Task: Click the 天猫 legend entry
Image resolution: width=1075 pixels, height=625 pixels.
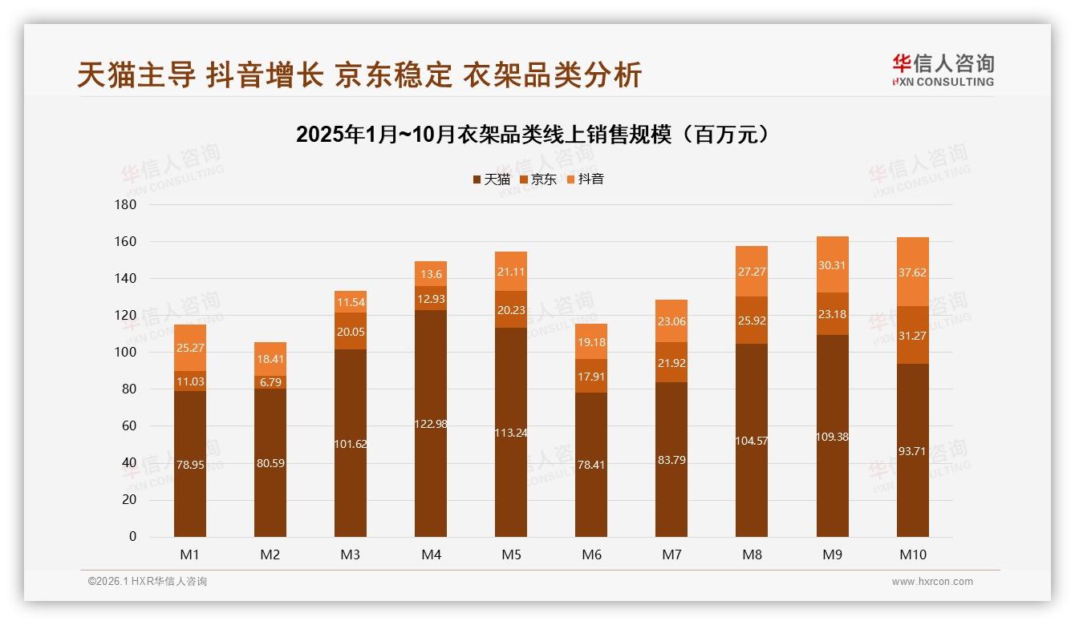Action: (491, 179)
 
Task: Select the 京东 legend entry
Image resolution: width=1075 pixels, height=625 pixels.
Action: (537, 179)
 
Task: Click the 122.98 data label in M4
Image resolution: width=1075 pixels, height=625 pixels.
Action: (431, 424)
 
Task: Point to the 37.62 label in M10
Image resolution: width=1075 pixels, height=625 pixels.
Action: (912, 272)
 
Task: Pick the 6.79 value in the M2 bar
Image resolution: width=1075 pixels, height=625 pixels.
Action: (270, 382)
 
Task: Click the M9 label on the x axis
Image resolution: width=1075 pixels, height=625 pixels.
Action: (832, 554)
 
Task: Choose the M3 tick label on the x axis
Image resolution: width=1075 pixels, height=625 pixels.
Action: (351, 554)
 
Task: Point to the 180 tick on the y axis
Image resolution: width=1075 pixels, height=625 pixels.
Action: (127, 204)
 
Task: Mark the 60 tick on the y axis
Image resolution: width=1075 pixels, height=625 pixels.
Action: (129, 425)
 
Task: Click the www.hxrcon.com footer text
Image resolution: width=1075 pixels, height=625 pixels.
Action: (932, 582)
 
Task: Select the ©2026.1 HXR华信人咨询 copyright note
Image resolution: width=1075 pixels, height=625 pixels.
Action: (147, 582)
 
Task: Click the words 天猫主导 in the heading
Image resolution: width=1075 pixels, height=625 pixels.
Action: (136, 75)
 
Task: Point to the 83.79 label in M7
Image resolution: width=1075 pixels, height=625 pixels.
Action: (671, 460)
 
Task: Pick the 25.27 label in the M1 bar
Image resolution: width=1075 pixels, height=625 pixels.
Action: (190, 348)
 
